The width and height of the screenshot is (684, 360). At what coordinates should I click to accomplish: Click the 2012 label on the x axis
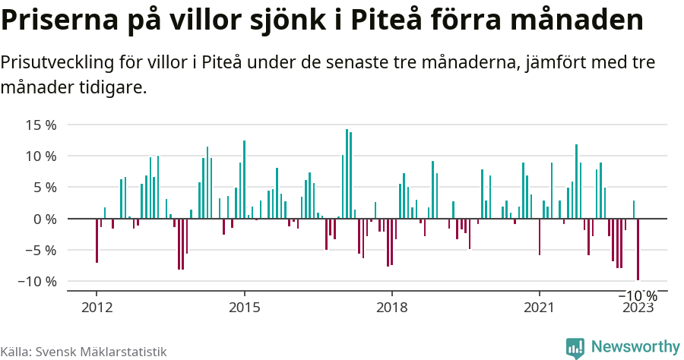(97, 307)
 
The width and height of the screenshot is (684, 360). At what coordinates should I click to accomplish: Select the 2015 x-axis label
(244, 307)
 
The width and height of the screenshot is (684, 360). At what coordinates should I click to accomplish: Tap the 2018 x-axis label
(391, 307)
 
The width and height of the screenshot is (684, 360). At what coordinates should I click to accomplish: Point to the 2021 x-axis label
(539, 307)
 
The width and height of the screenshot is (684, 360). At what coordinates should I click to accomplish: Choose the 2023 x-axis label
(638, 307)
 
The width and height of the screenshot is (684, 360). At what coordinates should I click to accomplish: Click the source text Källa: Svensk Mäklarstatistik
(84, 352)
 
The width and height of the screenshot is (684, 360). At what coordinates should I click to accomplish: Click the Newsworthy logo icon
(575, 348)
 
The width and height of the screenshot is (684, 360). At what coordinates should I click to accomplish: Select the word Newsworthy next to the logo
(635, 347)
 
